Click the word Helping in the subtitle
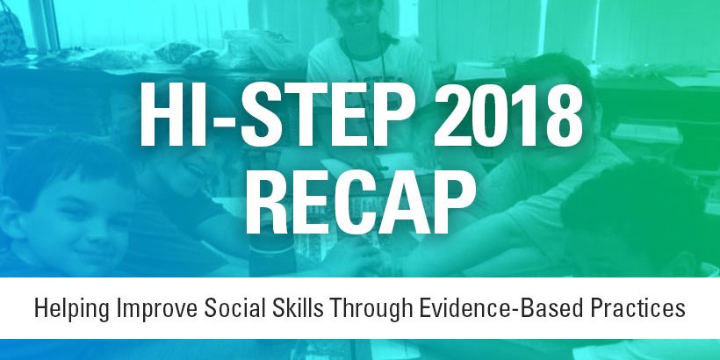(72, 308)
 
